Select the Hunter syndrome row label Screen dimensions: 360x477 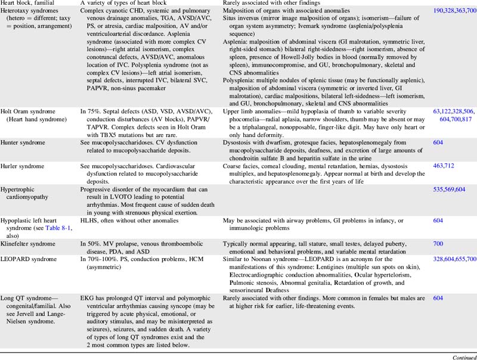[x=25, y=143]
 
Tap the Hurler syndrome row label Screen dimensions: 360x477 [x=24, y=163]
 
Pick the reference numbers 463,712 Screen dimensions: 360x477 [x=445, y=163]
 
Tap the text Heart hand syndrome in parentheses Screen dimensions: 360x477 [x=36, y=119]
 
